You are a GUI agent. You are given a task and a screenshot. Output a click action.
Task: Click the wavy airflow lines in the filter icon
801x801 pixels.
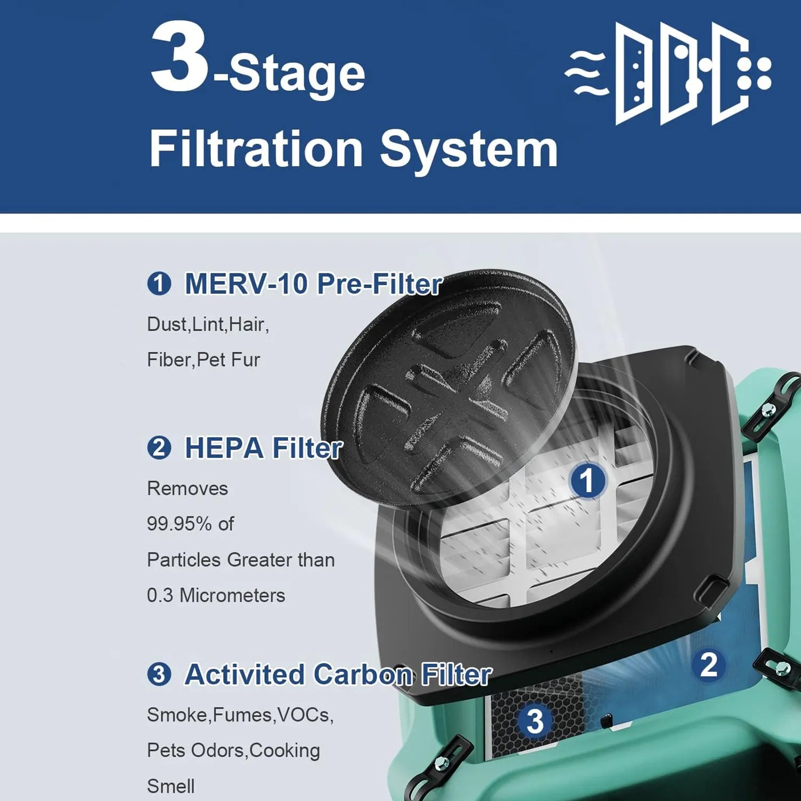(x=586, y=73)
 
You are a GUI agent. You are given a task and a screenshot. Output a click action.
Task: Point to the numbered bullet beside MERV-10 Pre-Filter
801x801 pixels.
(x=159, y=284)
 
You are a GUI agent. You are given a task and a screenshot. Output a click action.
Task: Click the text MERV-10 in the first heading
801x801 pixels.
(x=246, y=284)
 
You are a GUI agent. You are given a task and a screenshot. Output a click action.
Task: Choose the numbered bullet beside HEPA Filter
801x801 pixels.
(x=159, y=447)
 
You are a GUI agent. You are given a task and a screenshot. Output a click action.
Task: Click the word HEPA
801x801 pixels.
(x=224, y=447)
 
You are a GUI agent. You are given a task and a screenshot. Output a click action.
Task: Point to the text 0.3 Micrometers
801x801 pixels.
(x=216, y=595)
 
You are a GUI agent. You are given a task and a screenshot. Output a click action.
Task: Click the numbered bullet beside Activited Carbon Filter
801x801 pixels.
(x=159, y=674)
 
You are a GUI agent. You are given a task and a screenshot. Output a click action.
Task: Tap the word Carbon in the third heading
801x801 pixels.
(x=363, y=674)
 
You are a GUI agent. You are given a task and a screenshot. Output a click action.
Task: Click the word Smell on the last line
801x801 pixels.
(x=171, y=786)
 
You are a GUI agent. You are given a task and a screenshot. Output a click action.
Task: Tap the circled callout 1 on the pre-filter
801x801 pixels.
(x=587, y=480)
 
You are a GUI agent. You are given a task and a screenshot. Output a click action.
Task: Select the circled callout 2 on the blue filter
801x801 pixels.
(x=709, y=665)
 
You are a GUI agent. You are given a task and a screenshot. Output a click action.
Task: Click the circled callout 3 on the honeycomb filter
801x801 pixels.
(x=535, y=721)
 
